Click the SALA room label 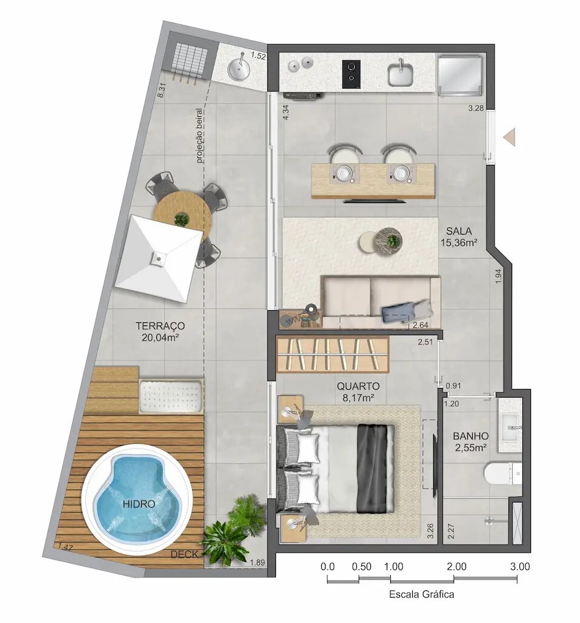coord(459,230)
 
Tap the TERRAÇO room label coord(161,326)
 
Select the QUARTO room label coord(358,386)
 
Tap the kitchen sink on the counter coord(401,73)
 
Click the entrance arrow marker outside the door coord(510,137)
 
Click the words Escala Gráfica coord(421,595)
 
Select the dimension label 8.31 coord(161,90)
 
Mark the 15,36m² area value coord(459,242)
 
